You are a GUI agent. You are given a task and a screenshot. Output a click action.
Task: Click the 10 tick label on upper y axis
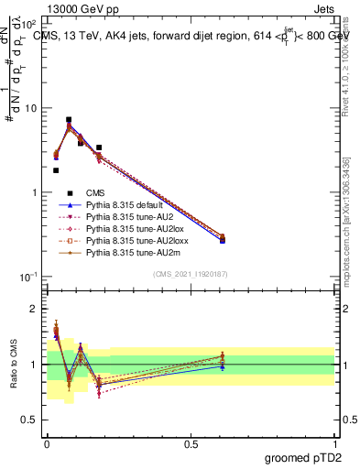pyautogui.click(x=31, y=108)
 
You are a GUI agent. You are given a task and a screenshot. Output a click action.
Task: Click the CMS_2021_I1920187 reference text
pyautogui.click(x=190, y=275)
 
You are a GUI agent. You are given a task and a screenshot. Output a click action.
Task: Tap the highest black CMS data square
pyautogui.click(x=69, y=119)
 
